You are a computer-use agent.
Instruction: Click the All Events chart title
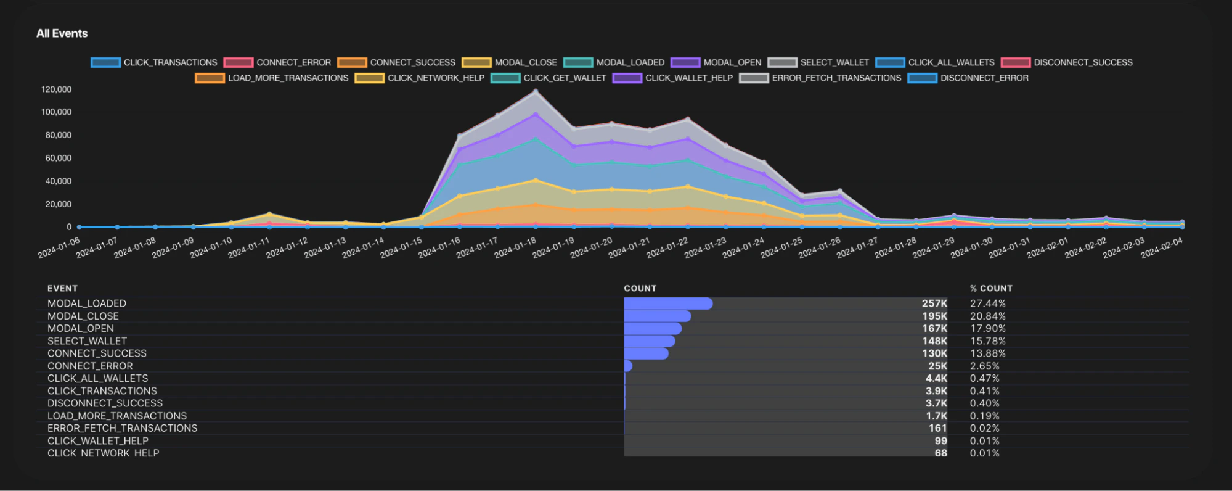62,33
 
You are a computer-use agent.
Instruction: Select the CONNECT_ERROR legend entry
277,62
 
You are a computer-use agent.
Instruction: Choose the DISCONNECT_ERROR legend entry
968,78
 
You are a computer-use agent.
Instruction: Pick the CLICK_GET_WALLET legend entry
549,78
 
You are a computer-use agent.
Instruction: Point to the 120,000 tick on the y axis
56,89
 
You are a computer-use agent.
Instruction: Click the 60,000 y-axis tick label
59,158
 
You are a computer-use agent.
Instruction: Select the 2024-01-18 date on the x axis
516,248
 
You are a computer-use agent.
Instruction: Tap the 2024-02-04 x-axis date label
1162,248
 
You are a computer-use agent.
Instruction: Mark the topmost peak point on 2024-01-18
536,91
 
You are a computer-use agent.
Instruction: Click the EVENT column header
62,288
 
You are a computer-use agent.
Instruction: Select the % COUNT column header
991,288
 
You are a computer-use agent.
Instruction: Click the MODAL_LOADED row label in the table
87,303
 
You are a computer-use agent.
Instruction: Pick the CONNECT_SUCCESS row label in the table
97,353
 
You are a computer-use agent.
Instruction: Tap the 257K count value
934,303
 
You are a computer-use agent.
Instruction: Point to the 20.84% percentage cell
988,316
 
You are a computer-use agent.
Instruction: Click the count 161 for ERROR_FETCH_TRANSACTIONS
937,428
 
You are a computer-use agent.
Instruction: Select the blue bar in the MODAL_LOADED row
668,303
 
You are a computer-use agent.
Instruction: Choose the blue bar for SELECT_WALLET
650,341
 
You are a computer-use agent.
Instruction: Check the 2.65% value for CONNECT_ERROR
985,366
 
